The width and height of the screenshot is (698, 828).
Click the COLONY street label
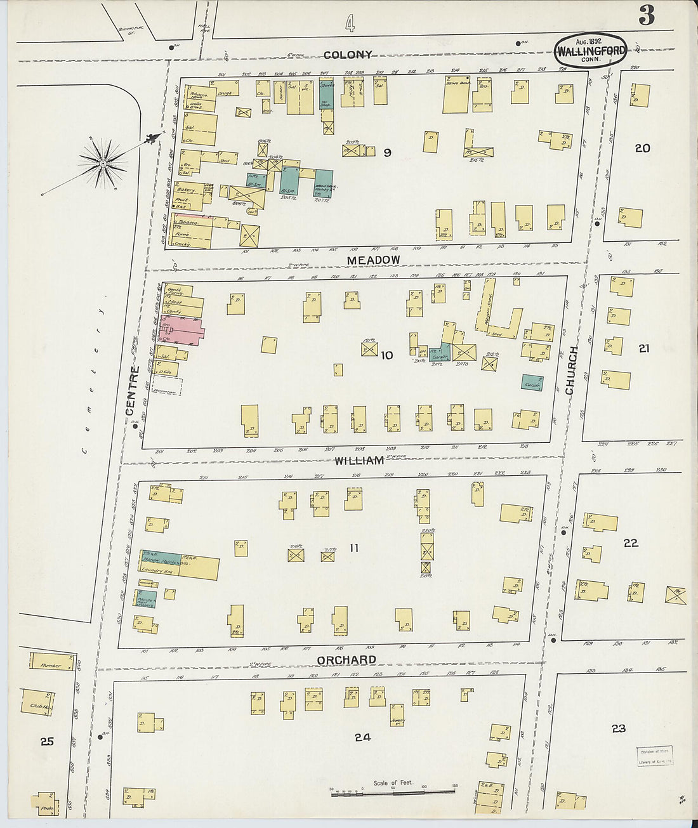pos(348,55)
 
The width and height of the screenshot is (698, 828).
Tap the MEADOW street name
pos(374,260)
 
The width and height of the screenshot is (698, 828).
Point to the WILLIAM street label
pos(359,460)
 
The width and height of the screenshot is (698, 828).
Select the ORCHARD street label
pos(346,660)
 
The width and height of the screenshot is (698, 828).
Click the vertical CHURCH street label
pos(572,370)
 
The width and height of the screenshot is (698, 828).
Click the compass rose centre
pos(103,164)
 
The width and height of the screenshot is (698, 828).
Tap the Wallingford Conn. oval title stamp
pos(591,50)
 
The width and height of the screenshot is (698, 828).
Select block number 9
pos(387,152)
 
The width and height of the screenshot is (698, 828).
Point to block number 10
pos(386,355)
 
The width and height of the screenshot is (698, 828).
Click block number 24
pos(362,737)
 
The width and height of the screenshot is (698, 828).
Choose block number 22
pos(630,542)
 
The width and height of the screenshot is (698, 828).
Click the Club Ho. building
pos(39,704)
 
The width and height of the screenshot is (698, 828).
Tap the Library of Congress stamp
pos(655,756)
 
